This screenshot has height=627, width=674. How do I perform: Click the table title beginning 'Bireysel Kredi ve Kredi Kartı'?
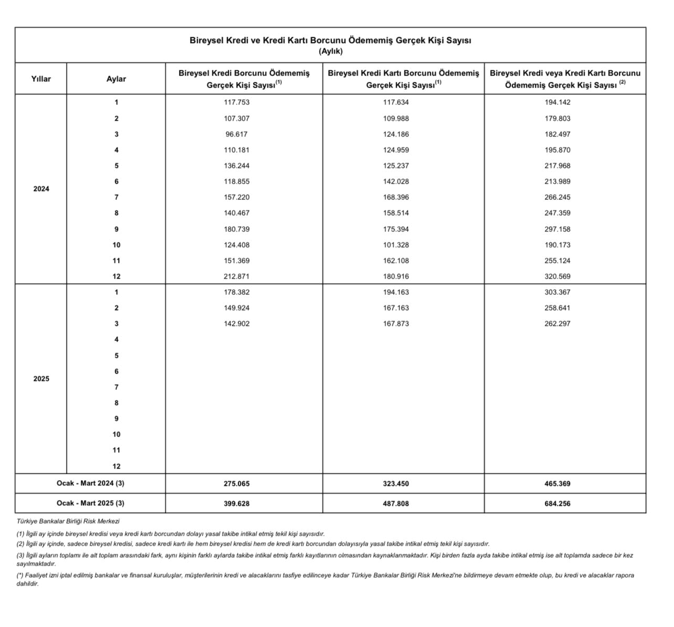330,40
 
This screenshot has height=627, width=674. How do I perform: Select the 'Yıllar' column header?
41,79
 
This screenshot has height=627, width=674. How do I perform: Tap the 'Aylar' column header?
116,79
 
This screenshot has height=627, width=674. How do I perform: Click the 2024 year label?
41,189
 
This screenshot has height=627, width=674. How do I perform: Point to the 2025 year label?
41,379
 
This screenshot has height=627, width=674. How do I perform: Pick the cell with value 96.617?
237,134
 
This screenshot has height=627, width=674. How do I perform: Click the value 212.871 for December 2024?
237,277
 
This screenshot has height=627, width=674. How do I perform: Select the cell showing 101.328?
396,245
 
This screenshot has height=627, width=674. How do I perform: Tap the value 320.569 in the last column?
557,277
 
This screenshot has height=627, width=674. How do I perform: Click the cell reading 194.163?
396,292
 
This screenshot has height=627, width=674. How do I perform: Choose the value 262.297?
557,324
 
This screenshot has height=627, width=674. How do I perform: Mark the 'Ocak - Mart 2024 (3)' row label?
90,483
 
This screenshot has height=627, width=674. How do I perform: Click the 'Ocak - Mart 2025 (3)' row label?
90,503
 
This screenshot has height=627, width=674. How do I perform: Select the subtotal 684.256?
557,504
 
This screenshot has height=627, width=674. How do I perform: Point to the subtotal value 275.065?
237,484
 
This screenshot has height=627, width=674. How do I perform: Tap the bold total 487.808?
396,504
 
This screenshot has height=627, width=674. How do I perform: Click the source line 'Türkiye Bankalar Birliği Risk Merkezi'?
68,522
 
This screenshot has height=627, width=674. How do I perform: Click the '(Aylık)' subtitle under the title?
330,51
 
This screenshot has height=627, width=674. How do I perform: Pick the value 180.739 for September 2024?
237,229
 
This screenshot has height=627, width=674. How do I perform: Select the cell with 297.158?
557,229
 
